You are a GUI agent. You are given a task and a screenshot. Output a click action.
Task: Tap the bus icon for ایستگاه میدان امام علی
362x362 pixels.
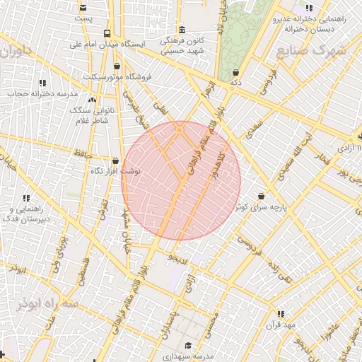click(106, 33)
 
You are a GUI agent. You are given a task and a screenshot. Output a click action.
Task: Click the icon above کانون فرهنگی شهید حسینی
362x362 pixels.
click(183, 30)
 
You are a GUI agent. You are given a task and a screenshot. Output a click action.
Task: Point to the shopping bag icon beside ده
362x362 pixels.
click(235, 72)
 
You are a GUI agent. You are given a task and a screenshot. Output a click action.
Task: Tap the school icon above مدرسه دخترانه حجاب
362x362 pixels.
click(44, 83)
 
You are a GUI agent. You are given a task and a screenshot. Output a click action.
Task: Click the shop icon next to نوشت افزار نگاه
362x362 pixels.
click(115, 160)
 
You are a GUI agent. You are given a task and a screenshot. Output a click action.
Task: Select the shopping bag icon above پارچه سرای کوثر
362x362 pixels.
click(262, 196)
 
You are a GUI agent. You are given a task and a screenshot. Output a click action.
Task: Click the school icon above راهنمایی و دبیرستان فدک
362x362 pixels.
click(26, 199)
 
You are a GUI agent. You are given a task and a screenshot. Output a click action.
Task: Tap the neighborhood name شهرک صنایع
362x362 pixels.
click(312, 52)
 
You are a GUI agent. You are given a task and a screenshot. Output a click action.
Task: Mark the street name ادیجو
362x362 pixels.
click(178, 259)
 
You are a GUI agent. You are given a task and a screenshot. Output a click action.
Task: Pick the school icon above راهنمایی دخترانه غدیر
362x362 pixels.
click(308, 8)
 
